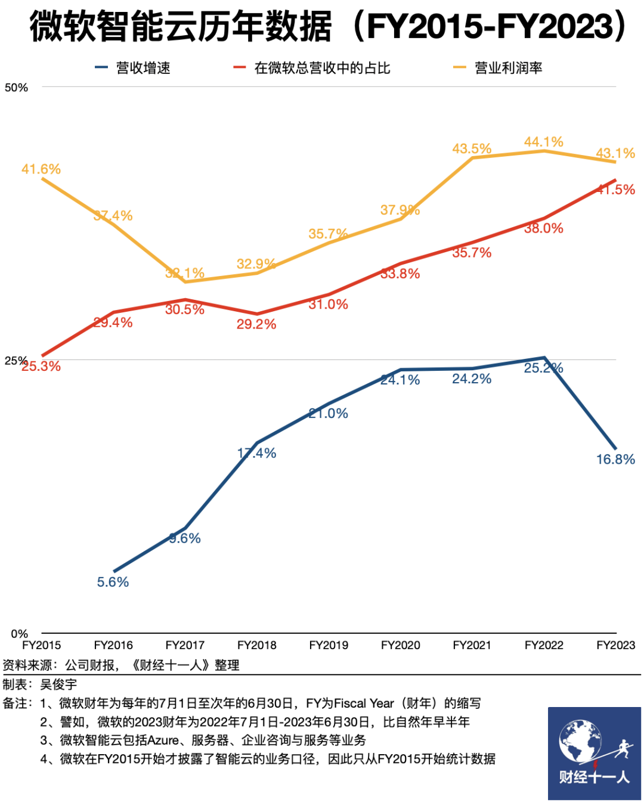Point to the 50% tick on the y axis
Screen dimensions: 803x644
click(16, 88)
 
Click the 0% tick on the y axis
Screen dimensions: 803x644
click(19, 634)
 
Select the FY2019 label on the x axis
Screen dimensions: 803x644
click(329, 645)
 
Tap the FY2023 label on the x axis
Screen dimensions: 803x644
click(615, 645)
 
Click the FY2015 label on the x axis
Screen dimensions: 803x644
click(42, 645)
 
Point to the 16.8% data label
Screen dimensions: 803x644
click(615, 459)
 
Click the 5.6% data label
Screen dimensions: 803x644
click(113, 582)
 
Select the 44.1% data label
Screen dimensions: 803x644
click(543, 142)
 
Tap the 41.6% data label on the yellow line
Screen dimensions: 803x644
click(41, 169)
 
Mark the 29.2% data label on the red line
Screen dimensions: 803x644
click(256, 324)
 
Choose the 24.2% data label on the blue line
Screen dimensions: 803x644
click(472, 379)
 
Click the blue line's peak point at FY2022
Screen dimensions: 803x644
click(544, 358)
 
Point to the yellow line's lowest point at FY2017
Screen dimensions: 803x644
click(185, 282)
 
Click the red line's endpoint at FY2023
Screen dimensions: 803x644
click(615, 180)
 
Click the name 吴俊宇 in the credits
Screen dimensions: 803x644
click(58, 684)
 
